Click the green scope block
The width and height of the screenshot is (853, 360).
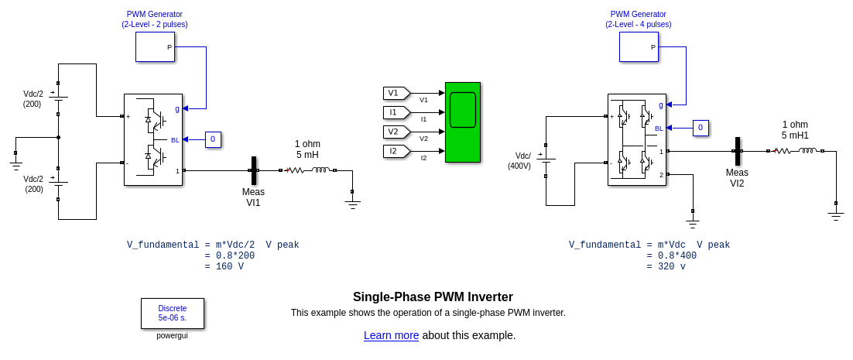pyautogui.click(x=463, y=122)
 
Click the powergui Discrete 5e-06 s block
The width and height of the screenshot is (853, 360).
pyautogui.click(x=173, y=314)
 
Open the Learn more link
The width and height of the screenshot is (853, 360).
pyautogui.click(x=391, y=335)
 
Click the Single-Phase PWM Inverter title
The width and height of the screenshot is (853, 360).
pyautogui.click(x=433, y=297)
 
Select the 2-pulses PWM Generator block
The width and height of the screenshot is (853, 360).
pyautogui.click(x=155, y=46)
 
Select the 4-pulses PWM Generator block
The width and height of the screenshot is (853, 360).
pyautogui.click(x=639, y=46)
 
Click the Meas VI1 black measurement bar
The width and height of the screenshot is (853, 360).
pyautogui.click(x=253, y=170)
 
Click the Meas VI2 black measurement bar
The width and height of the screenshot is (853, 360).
pyautogui.click(x=737, y=151)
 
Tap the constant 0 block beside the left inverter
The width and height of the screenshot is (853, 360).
pyautogui.click(x=213, y=139)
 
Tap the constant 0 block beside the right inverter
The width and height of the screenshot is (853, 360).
pyautogui.click(x=700, y=128)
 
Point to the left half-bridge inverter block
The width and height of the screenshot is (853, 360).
pyautogui.click(x=153, y=139)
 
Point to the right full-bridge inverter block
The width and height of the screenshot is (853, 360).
pyautogui.click(x=636, y=139)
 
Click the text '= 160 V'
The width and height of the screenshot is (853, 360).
pyautogui.click(x=224, y=267)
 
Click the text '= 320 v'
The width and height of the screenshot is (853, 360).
pyautogui.click(x=666, y=267)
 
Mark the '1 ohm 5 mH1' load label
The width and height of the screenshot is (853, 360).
pyautogui.click(x=795, y=130)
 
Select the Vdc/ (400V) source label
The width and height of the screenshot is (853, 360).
pyautogui.click(x=519, y=161)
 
